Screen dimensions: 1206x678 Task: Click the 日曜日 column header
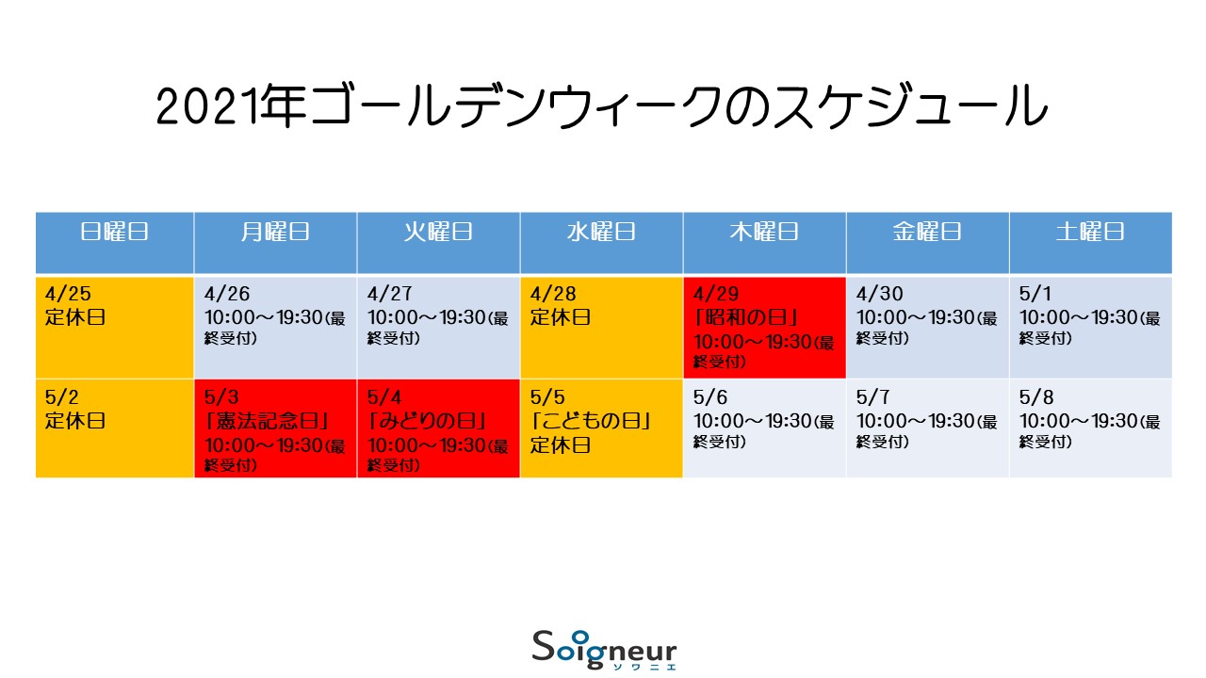coord(114,232)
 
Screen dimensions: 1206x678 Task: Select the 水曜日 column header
coord(601,232)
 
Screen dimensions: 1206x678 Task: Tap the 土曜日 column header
coord(1090,232)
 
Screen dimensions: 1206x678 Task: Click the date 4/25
coord(68,294)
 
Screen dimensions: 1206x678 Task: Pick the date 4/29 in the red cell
coord(715,294)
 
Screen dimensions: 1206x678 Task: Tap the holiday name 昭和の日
coord(745,317)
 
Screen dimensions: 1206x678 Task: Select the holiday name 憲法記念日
coord(267,421)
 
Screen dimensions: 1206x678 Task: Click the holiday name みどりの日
coord(427,421)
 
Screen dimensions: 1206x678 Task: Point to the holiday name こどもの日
coord(591,421)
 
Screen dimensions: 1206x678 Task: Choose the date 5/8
coord(1036,397)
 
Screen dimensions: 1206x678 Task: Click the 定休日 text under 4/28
coord(561,317)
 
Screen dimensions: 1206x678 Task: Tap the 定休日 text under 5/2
coord(74,421)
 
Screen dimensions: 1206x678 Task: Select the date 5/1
coord(1035,294)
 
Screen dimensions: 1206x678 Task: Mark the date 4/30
coord(879,294)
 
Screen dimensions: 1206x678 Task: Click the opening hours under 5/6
coord(764,431)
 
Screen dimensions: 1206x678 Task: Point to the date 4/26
coord(227,294)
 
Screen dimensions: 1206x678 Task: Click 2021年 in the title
coord(232,106)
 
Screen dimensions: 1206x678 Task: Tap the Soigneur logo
coord(604,650)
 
